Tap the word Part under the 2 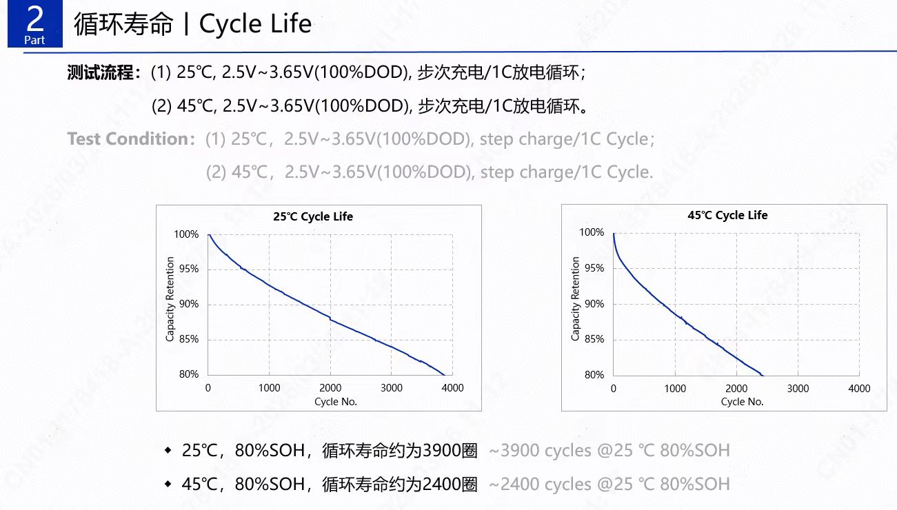point(34,41)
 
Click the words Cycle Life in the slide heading point(255,24)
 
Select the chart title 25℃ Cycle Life point(313,216)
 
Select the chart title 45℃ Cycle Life point(727,215)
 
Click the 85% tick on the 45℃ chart point(594,339)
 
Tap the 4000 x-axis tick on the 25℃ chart point(453,388)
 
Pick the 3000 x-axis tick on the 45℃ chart point(798,389)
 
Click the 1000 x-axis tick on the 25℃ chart point(269,388)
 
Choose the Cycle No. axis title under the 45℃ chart point(742,402)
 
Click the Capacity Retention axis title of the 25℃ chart point(170,299)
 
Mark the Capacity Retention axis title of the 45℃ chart point(576,298)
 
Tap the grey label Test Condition point(128,139)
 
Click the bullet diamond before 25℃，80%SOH point(168,451)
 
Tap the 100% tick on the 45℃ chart point(592,233)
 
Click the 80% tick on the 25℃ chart point(189,374)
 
